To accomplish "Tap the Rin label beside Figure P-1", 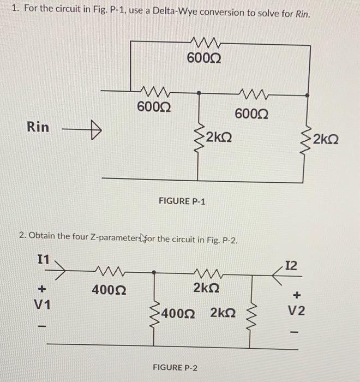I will tap(38, 127).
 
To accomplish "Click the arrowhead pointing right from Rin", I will tap(96, 130).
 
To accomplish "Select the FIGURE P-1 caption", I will tap(182, 201).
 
